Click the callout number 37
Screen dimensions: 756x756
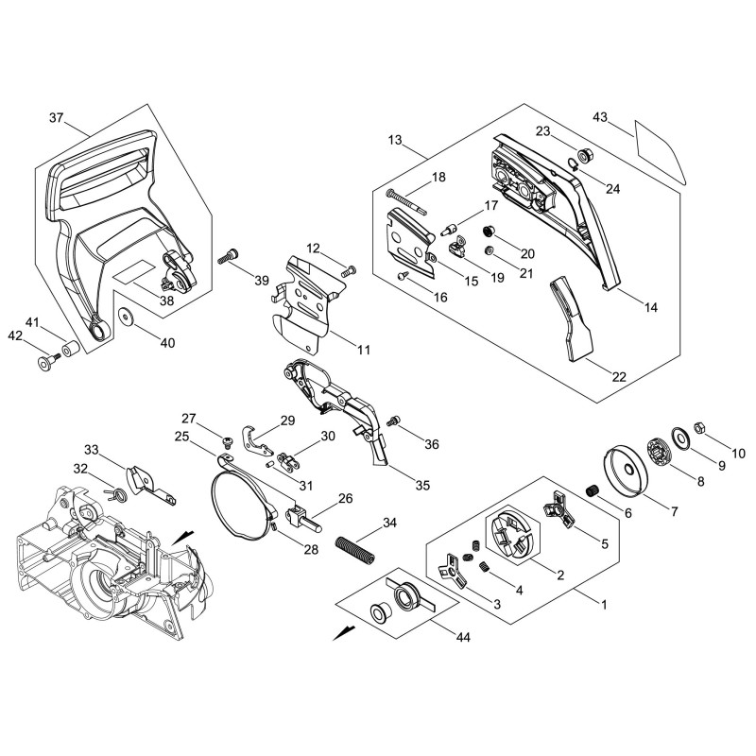click(x=57, y=117)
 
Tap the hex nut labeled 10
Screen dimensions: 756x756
click(x=698, y=427)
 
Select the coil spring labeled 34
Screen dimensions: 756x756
click(x=355, y=549)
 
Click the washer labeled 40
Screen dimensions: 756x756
click(x=128, y=318)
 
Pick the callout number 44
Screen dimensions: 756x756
click(x=463, y=637)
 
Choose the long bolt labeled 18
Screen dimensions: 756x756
click(x=407, y=201)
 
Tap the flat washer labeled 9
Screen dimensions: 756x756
click(x=679, y=438)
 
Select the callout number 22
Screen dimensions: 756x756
click(x=619, y=376)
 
